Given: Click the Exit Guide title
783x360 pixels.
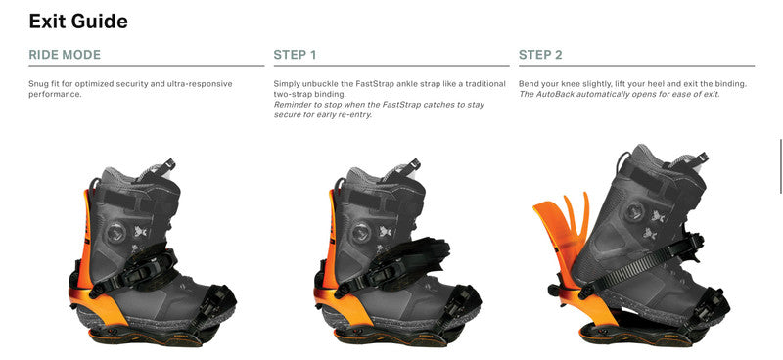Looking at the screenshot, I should (78, 21).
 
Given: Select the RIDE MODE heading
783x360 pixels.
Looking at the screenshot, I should (65, 55).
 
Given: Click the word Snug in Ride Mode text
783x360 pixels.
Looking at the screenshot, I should (39, 84).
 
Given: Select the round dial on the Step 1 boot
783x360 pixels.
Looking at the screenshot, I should (359, 232).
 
